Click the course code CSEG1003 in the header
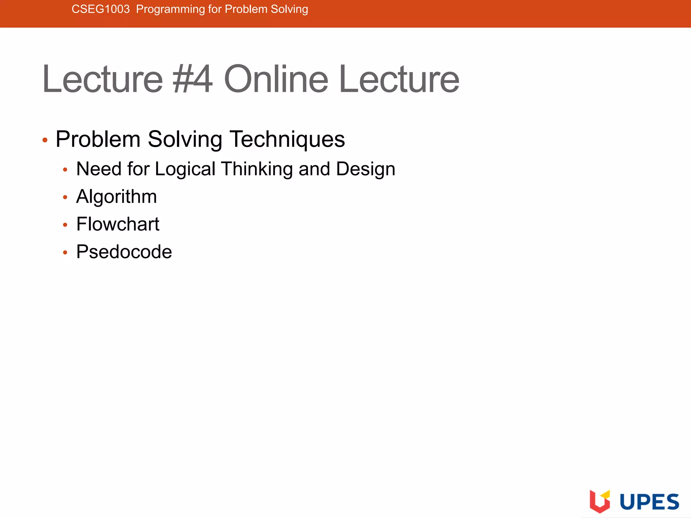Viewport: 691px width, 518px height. click(101, 9)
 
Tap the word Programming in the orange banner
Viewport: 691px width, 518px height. click(170, 9)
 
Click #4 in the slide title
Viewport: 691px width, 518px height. click(193, 79)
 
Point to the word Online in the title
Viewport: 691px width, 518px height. click(276, 79)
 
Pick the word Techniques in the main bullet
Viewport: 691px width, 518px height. click(287, 139)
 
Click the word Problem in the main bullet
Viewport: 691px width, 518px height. click(98, 139)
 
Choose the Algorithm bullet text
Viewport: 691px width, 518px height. click(116, 197)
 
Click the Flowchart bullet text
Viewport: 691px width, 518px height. click(118, 224)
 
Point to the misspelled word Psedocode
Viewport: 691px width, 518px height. click(124, 252)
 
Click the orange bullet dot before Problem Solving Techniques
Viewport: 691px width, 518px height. click(45, 140)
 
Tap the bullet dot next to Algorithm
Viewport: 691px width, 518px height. click(65, 197)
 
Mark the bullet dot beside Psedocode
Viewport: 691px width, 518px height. click(65, 253)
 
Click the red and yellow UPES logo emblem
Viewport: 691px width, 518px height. click(600, 501)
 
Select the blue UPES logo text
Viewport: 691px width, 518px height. click(649, 502)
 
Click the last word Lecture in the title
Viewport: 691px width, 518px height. click(399, 79)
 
